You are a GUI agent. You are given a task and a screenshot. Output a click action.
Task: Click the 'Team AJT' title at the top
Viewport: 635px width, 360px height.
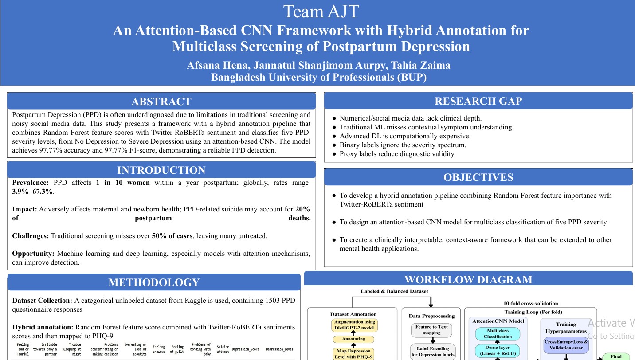[321, 12]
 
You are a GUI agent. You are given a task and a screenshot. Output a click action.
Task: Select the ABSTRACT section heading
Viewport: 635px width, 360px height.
[161, 102]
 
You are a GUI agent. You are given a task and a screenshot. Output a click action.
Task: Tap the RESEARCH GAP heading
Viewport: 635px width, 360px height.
[478, 101]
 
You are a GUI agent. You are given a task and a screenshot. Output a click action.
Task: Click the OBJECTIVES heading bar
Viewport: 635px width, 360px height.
[478, 177]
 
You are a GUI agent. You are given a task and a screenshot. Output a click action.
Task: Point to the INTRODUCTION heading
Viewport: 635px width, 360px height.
[161, 170]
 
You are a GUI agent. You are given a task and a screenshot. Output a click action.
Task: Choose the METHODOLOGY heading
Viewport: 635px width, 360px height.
[154, 282]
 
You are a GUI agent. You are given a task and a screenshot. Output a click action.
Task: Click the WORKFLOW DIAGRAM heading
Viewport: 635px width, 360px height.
[468, 280]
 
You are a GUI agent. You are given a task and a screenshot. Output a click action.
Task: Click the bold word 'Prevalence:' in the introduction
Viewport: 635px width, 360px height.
[31, 183]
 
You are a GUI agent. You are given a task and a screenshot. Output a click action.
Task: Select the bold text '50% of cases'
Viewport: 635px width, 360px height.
[172, 236]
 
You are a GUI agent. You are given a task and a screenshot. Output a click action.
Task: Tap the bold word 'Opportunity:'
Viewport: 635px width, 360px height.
[33, 254]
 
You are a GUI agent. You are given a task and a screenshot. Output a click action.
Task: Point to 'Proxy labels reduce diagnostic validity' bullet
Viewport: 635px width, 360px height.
[397, 154]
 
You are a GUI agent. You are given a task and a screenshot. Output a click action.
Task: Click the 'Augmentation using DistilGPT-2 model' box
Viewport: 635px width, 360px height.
[354, 325]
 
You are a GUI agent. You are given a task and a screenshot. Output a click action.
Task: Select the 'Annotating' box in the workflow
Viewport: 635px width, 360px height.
[353, 339]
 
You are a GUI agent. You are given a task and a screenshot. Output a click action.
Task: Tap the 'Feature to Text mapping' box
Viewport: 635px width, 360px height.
[431, 330]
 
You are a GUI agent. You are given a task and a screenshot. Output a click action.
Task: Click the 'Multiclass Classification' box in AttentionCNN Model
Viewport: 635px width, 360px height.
[498, 333]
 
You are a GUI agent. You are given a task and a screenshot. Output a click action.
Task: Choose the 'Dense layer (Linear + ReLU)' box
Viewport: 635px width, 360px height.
[498, 351]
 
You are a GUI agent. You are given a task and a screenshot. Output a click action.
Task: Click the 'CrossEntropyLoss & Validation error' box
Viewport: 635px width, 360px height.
[566, 345]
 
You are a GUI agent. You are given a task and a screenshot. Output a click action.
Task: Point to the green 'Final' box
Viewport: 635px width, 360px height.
[616, 356]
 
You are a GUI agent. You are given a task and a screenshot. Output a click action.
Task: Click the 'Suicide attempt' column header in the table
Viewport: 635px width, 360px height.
[223, 349]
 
